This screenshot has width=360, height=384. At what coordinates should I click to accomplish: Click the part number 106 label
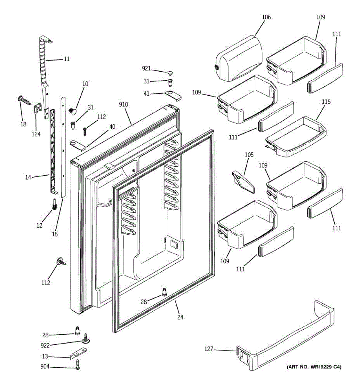(266, 17)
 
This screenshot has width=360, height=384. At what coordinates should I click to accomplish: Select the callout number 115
(326, 102)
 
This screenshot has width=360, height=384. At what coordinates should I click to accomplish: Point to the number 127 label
(209, 349)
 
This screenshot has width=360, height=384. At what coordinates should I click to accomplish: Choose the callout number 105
(249, 155)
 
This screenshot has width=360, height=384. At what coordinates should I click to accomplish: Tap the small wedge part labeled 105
(243, 182)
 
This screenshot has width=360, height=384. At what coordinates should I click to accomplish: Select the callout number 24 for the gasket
(180, 317)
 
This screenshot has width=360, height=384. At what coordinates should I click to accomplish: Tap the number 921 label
(146, 68)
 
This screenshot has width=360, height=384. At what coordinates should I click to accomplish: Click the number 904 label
(45, 367)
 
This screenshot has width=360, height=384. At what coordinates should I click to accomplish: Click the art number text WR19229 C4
(314, 367)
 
